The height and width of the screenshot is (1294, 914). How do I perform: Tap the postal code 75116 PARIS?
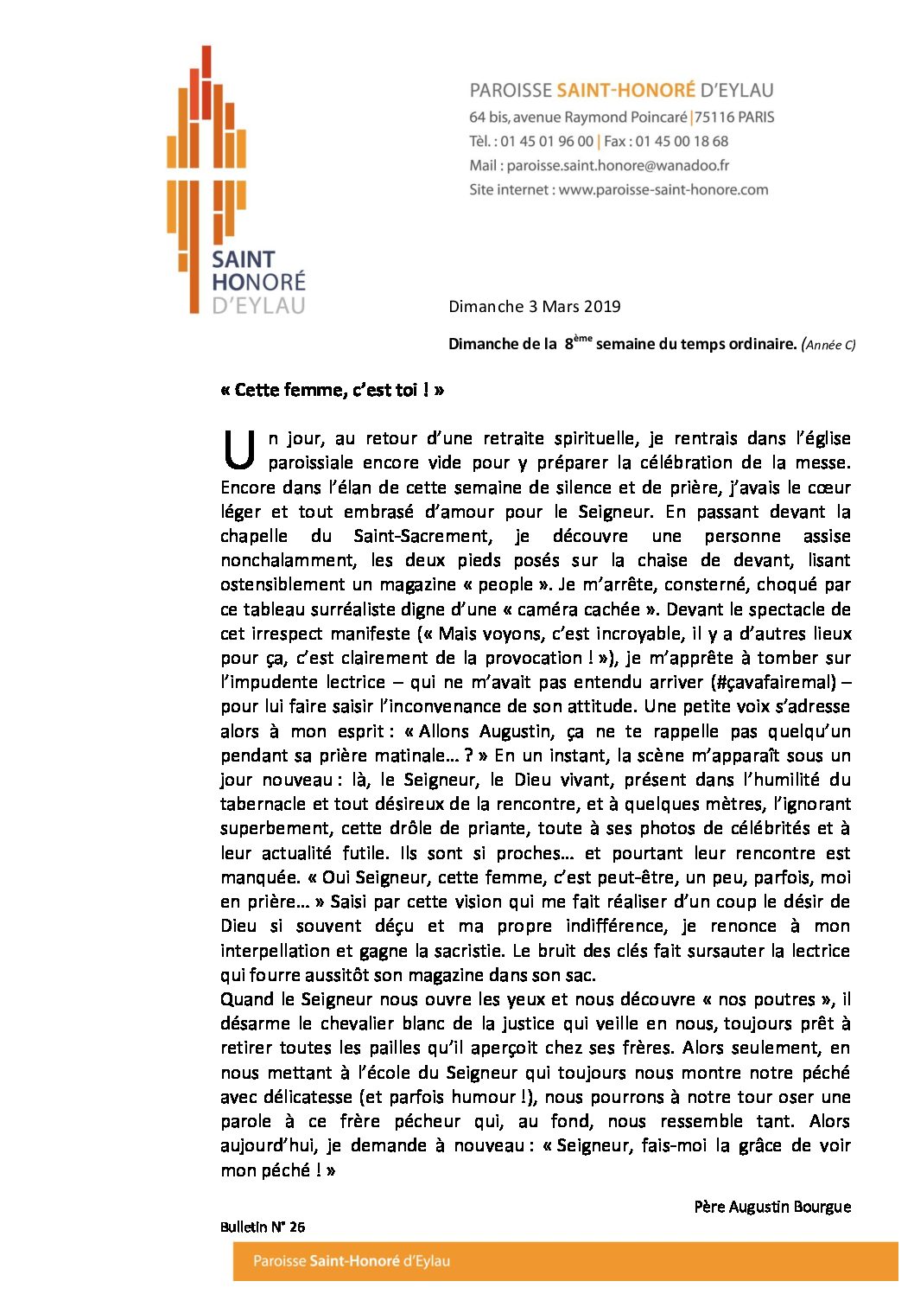pyautogui.click(x=734, y=117)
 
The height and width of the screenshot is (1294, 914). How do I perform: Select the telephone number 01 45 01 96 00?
pyautogui.click(x=547, y=141)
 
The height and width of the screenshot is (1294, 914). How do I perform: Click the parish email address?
pyautogui.click(x=618, y=165)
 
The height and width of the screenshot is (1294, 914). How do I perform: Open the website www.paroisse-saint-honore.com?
pyautogui.click(x=663, y=189)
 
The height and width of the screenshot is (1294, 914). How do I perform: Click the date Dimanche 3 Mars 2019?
pyautogui.click(x=534, y=306)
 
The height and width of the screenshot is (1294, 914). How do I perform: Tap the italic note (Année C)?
pyautogui.click(x=828, y=344)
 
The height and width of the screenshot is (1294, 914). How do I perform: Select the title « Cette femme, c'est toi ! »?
pyautogui.click(x=332, y=390)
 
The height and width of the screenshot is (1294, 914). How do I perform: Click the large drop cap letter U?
pyautogui.click(x=238, y=449)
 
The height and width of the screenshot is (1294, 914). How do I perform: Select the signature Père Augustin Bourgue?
pyautogui.click(x=771, y=1207)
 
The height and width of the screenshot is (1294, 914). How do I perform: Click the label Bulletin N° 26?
pyautogui.click(x=262, y=1227)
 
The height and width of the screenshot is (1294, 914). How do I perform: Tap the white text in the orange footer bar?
pyautogui.click(x=351, y=1261)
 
